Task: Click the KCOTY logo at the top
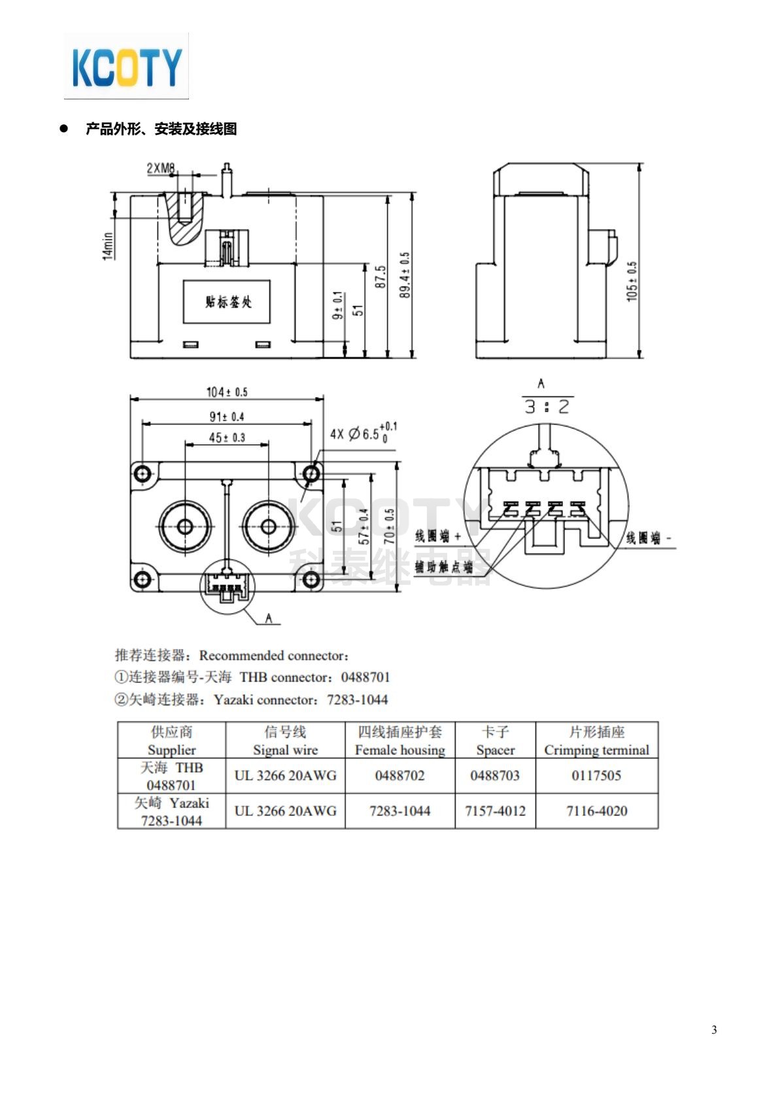pyautogui.click(x=126, y=66)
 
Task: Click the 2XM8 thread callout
pyautogui.click(x=161, y=169)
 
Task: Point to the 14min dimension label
pyautogui.click(x=109, y=246)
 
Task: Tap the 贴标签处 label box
pyautogui.click(x=227, y=302)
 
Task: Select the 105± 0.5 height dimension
pyautogui.click(x=632, y=281)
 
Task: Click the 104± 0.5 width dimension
pyautogui.click(x=227, y=392)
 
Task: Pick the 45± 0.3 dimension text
pyautogui.click(x=227, y=438)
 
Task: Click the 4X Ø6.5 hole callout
pyautogui.click(x=363, y=433)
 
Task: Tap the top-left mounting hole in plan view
pyautogui.click(x=143, y=473)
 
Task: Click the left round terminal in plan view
pyautogui.click(x=184, y=526)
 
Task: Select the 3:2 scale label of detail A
pyautogui.click(x=547, y=407)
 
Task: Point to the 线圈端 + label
pyautogui.click(x=438, y=536)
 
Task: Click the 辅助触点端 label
pyautogui.click(x=443, y=567)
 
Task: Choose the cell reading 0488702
pyautogui.click(x=399, y=776)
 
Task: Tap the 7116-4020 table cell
pyautogui.click(x=596, y=811)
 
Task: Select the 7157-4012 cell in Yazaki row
pyautogui.click(x=495, y=811)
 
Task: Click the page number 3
pyautogui.click(x=714, y=1030)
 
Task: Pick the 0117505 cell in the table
pyautogui.click(x=596, y=776)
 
